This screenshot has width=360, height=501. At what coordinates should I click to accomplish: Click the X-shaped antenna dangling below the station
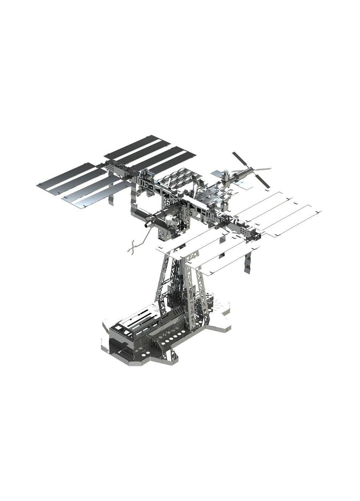click(131, 247)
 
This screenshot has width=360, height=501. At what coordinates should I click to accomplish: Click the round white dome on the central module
click(170, 220)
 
